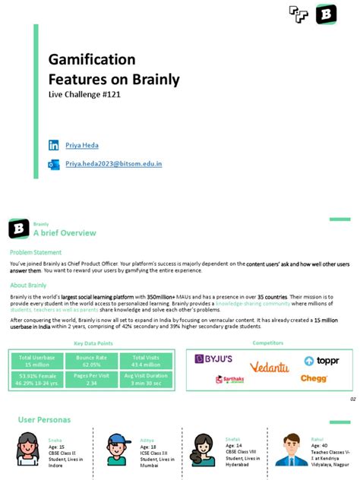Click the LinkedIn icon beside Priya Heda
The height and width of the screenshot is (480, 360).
[x=53, y=145]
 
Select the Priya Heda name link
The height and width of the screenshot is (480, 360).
[x=82, y=145]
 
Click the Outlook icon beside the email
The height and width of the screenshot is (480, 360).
[x=53, y=164]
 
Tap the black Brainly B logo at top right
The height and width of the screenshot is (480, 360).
[x=326, y=14]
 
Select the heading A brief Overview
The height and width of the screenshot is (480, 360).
[x=65, y=232]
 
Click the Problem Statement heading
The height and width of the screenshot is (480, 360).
[x=36, y=252]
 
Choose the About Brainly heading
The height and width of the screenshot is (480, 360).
[x=28, y=285]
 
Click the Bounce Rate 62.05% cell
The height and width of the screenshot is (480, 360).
[x=91, y=361]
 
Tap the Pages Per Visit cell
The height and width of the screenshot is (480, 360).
[x=91, y=378]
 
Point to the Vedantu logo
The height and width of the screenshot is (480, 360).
[x=269, y=368]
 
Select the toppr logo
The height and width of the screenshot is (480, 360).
[x=321, y=361]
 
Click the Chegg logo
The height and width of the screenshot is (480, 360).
[x=314, y=378]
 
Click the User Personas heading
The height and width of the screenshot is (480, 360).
[x=44, y=420]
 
